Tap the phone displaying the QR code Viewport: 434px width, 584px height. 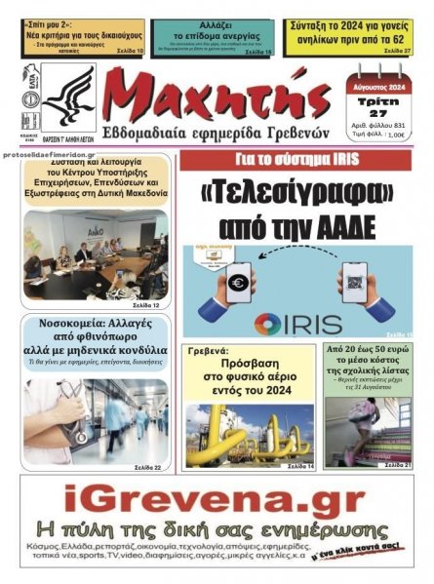pos(352,284)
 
